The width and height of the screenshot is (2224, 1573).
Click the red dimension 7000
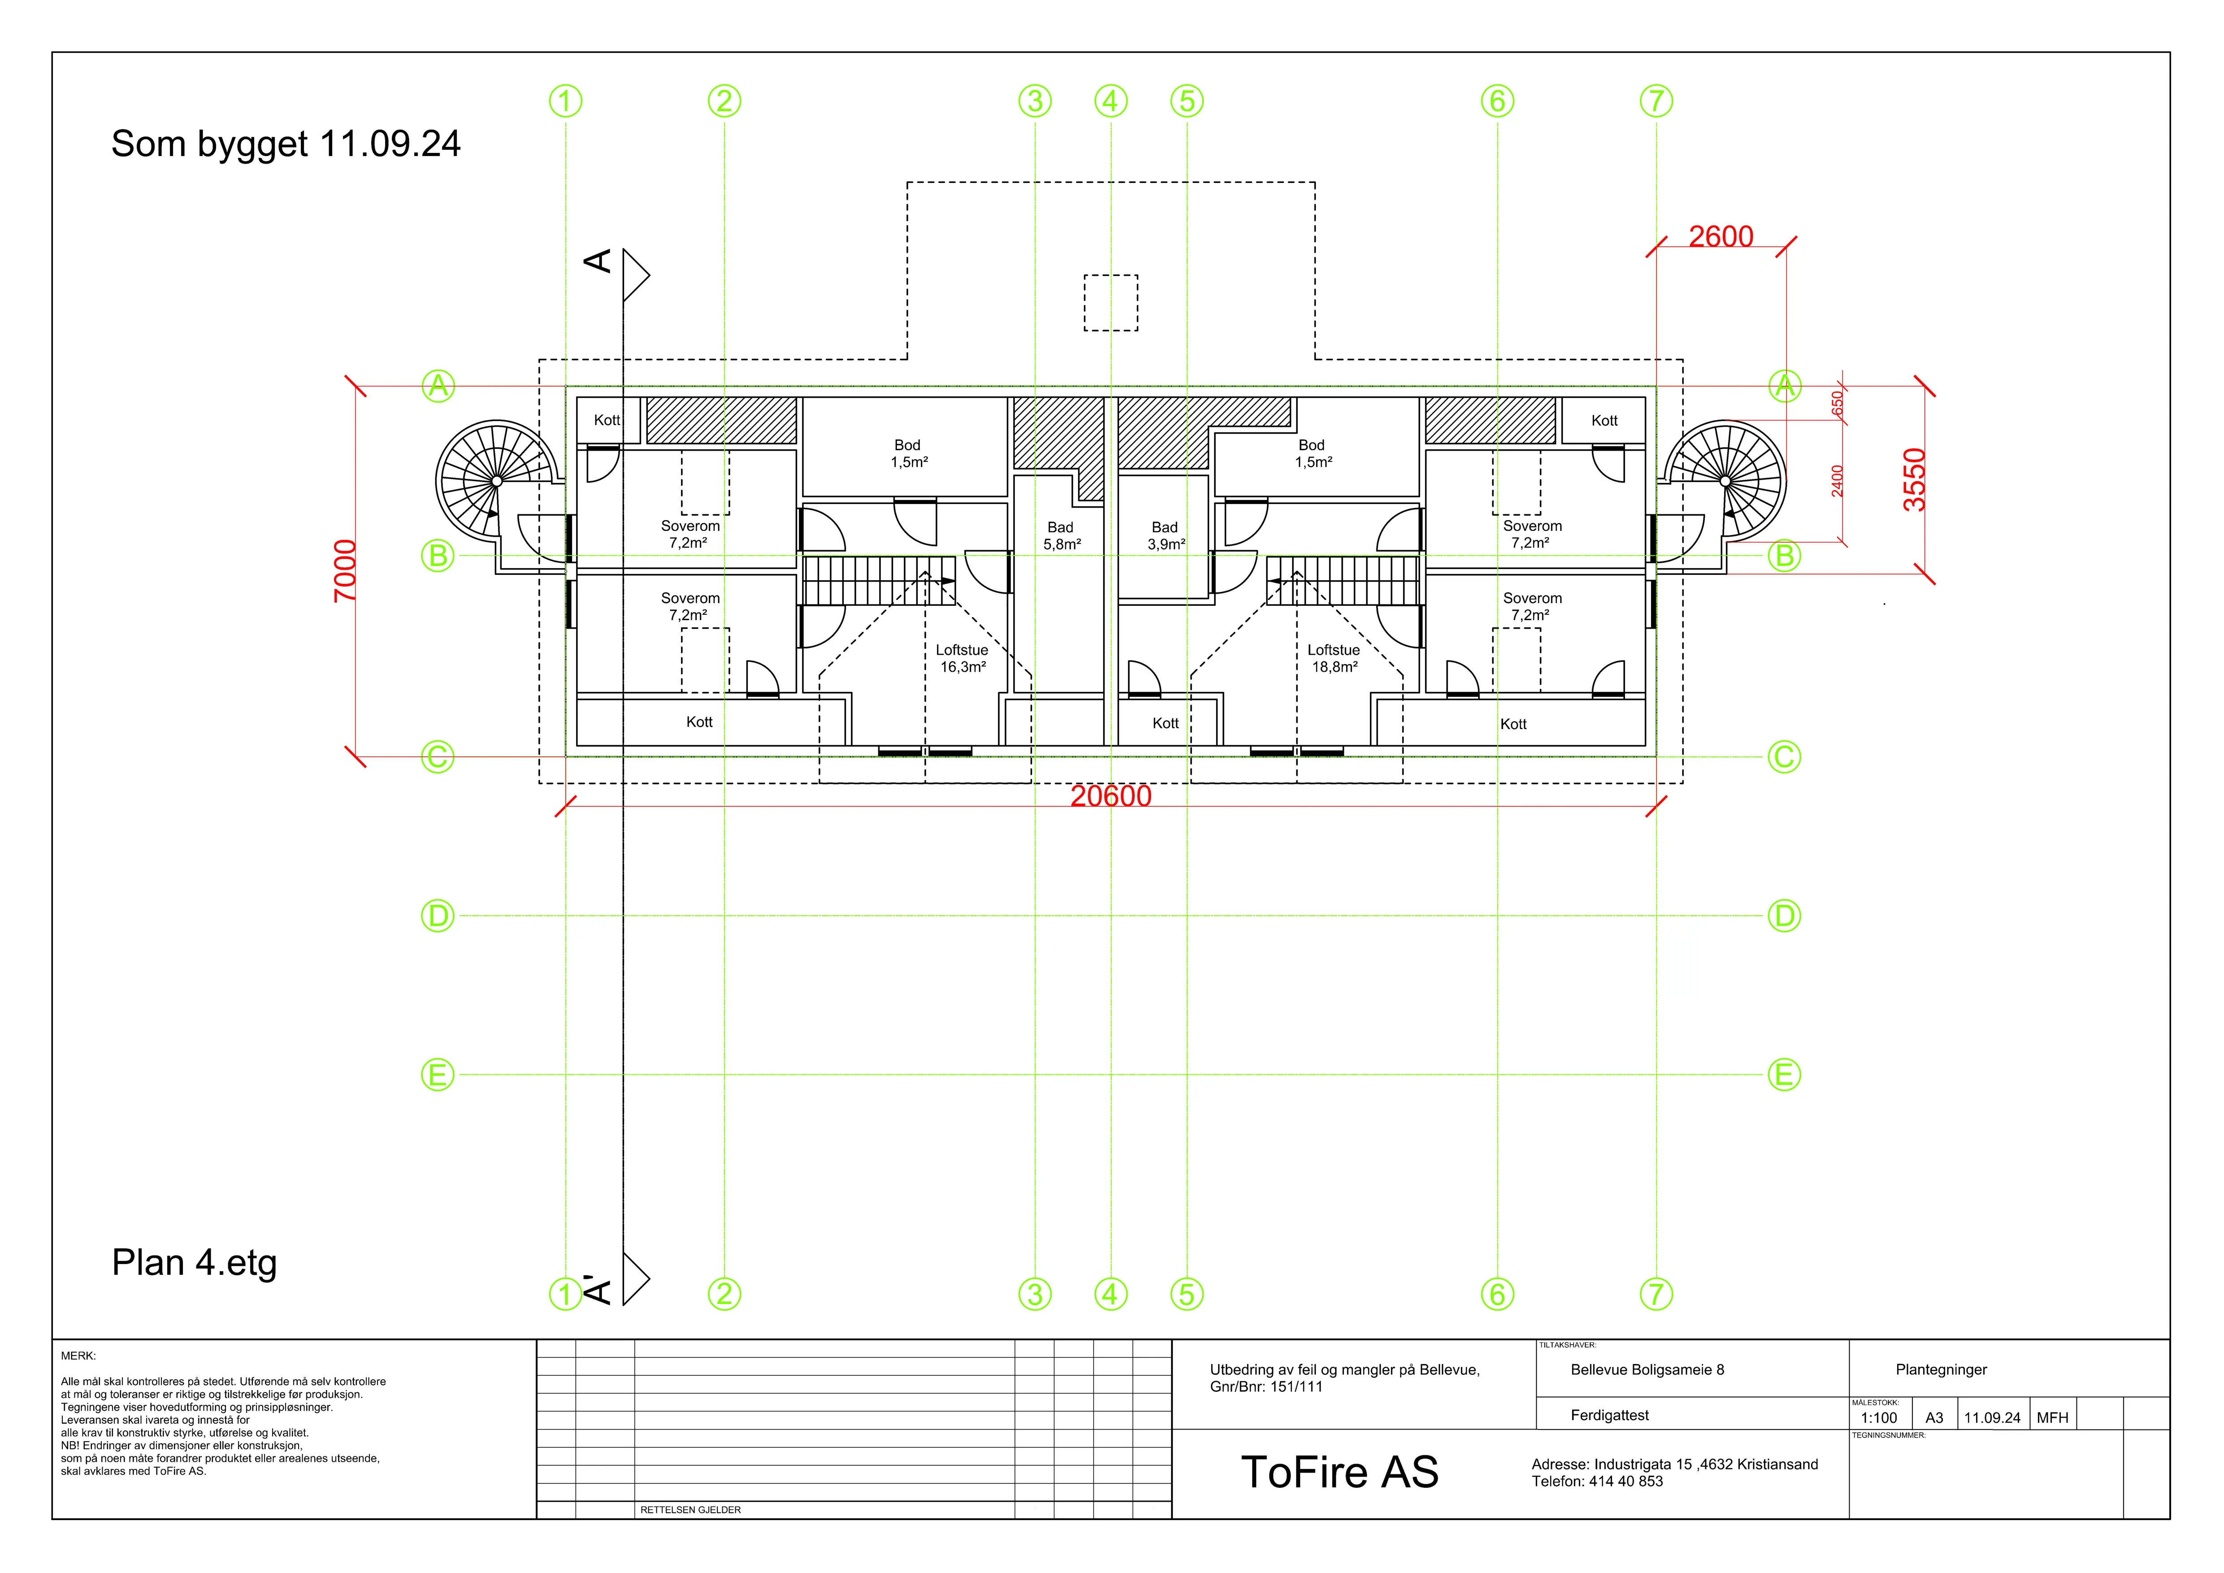(x=345, y=571)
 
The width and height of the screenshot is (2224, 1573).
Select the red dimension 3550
(x=1914, y=479)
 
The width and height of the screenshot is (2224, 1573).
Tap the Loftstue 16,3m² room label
(x=962, y=659)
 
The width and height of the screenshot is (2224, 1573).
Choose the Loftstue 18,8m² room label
(x=1334, y=659)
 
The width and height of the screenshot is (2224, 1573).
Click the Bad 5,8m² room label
(x=1061, y=536)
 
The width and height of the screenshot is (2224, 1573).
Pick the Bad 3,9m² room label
(x=1165, y=536)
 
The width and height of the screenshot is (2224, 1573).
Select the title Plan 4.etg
(x=195, y=1263)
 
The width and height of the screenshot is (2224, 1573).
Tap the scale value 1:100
(x=1879, y=1418)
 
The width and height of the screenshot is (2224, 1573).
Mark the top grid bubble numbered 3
(x=1036, y=101)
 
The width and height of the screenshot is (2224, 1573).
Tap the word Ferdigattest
(x=1610, y=1415)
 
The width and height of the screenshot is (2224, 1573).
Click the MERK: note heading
(x=78, y=1356)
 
